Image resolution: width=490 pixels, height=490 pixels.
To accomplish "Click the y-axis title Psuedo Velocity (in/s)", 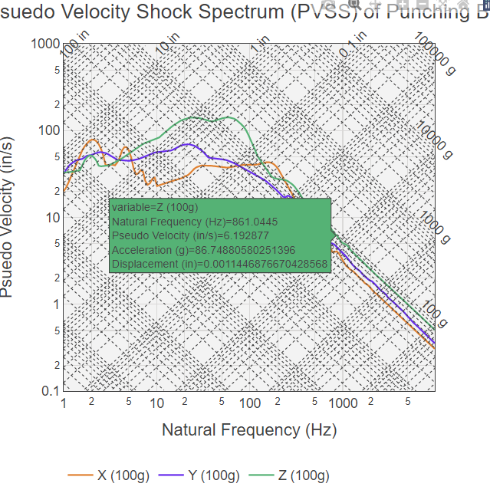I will (x=9, y=217).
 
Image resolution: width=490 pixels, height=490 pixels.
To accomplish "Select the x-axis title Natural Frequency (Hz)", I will (x=249, y=429).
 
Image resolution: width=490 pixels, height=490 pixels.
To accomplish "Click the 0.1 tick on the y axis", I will (x=50, y=391).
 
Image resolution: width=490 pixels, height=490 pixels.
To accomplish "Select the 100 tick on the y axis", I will (x=49, y=130).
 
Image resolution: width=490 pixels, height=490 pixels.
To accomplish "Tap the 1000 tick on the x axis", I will (x=344, y=403).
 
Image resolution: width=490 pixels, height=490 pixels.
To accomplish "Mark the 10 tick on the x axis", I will (x=157, y=403).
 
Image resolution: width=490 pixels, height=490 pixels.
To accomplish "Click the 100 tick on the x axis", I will (x=250, y=403).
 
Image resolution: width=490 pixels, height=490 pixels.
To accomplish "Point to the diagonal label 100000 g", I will (x=435, y=54).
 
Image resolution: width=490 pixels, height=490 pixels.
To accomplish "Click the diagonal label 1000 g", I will (x=435, y=222).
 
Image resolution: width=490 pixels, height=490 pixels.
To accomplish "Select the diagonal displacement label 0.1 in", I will (x=354, y=44).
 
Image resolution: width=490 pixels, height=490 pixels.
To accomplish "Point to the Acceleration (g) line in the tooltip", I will (x=203, y=250).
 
